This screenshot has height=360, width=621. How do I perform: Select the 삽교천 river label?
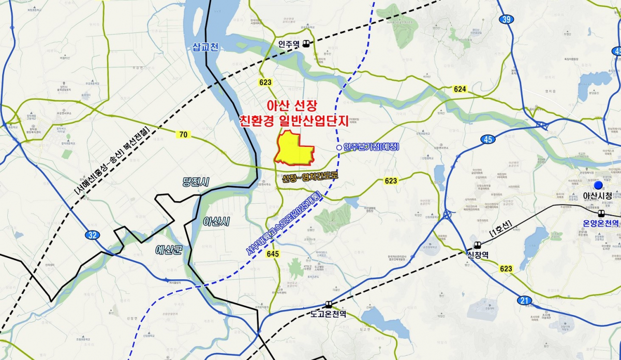tap(205, 48)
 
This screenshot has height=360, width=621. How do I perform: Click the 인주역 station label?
tap(288, 44)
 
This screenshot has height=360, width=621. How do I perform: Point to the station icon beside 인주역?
tap(307, 44)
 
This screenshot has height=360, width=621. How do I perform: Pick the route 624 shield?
tap(460, 89)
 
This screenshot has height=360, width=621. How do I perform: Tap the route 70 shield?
tap(183, 134)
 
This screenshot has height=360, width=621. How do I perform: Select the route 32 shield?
tap(92, 235)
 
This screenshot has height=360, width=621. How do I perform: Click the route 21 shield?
tap(524, 301)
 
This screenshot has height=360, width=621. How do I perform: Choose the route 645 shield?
tap(274, 254)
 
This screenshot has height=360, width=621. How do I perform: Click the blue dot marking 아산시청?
tap(598, 185)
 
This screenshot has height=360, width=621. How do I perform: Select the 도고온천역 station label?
tap(328, 314)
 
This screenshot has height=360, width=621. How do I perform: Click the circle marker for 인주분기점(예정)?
tap(338, 148)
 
